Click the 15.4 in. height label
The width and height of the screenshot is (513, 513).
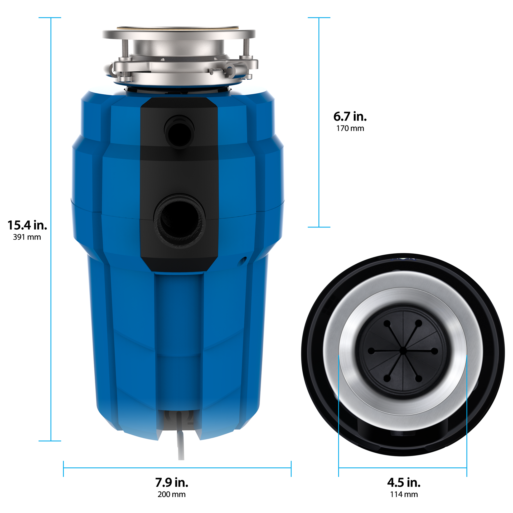pyautogui.click(x=27, y=225)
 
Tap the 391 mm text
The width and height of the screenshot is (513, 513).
pyautogui.click(x=27, y=237)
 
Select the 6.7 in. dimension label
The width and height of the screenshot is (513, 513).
pyautogui.click(x=350, y=117)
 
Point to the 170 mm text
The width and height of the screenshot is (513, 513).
pyautogui.click(x=350, y=129)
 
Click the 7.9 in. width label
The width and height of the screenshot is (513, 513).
pyautogui.click(x=172, y=482)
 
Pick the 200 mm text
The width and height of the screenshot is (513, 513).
pyautogui.click(x=172, y=494)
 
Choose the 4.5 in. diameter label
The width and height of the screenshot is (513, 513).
pyautogui.click(x=404, y=482)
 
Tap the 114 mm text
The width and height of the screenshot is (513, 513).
pyautogui.click(x=404, y=494)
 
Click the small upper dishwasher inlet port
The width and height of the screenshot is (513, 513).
pyautogui.click(x=180, y=132)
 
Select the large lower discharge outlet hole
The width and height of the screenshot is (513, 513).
pyautogui.click(x=180, y=221)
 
